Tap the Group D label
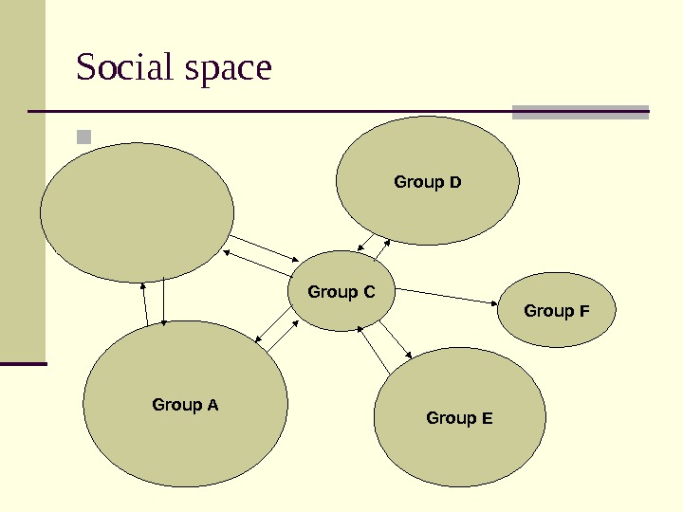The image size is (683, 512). pos(427,181)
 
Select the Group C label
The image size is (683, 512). pos(341,292)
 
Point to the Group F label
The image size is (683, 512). pos(556,311)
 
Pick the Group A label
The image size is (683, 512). pos(185,405)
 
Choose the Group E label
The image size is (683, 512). pos(459,417)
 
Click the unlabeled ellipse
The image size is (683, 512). pos(137,212)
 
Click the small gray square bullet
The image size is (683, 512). pos(84,137)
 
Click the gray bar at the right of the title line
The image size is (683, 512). pos(580,112)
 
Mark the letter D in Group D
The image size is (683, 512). pos(455,182)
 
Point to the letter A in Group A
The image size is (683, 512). pos(213,406)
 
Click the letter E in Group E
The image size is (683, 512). pos(488,418)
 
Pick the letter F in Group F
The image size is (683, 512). pos(584,312)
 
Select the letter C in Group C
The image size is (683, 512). pos(370,292)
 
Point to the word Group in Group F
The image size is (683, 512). pos(548,311)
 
